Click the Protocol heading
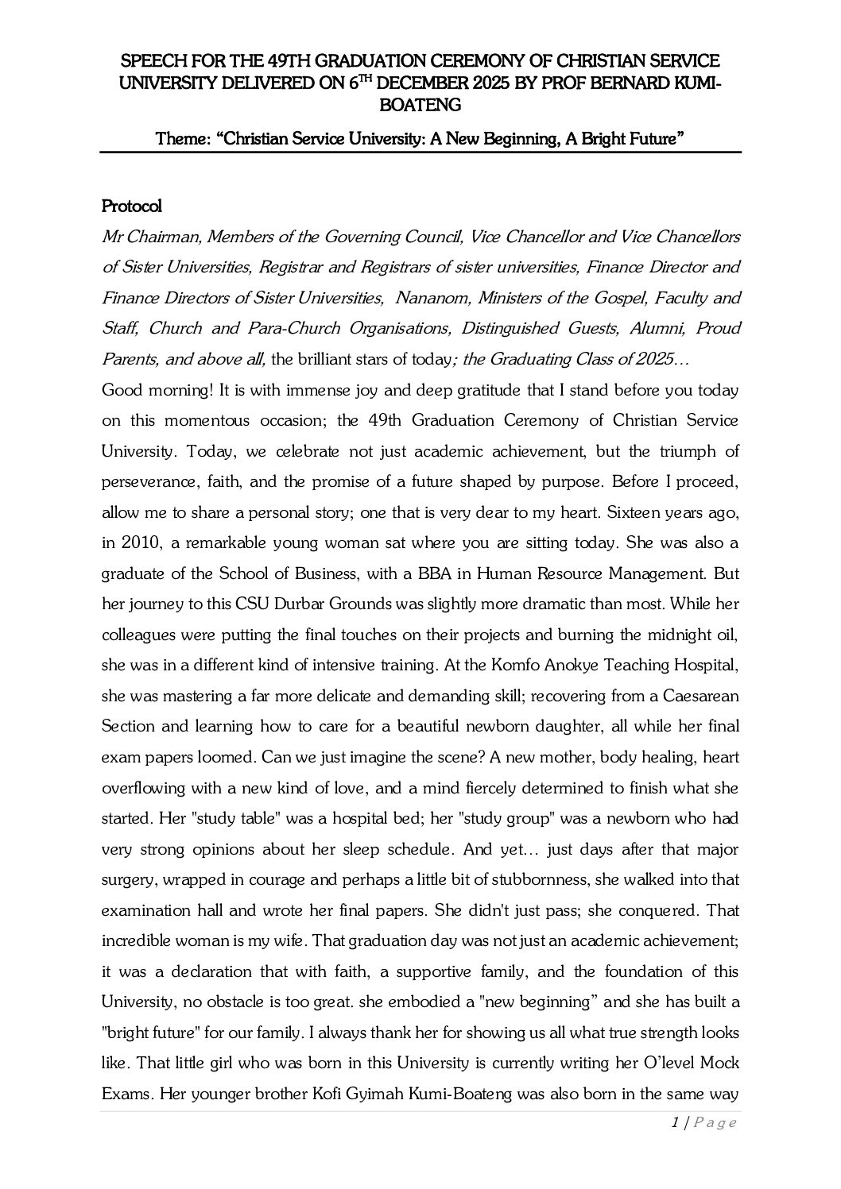132,207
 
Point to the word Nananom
429,298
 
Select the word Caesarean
703,697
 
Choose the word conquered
659,910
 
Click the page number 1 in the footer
675,1123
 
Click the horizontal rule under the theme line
420,152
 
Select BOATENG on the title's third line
420,105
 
